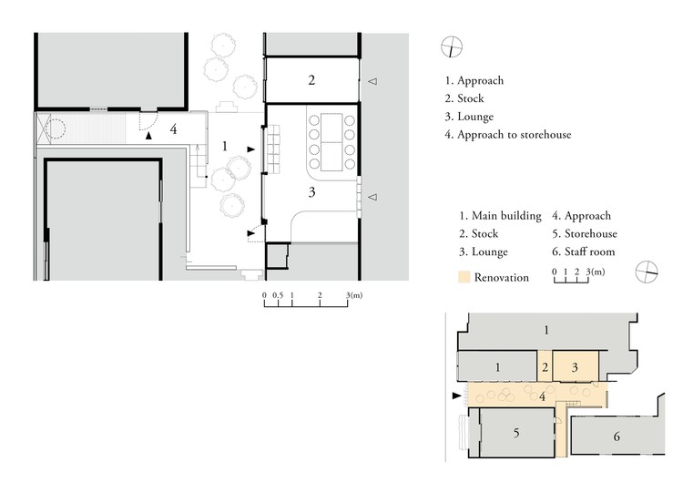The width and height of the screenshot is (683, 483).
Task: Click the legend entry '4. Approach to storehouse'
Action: click(508, 135)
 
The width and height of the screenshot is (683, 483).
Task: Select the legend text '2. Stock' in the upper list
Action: click(464, 98)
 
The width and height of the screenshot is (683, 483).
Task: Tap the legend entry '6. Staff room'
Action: click(583, 252)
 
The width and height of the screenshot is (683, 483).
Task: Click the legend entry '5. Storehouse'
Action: click(585, 233)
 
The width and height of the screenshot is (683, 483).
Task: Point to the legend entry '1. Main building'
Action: click(500, 216)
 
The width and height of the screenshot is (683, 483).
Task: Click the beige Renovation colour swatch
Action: click(464, 277)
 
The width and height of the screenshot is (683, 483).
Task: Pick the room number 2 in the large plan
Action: click(311, 80)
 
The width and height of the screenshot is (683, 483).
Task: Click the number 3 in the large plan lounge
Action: click(311, 192)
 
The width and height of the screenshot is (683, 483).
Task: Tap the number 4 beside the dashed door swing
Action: click(173, 129)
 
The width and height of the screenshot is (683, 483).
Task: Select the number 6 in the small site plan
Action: click(617, 437)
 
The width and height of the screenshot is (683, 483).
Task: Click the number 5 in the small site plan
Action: click(516, 433)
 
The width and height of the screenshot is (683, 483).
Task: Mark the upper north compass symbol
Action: click(452, 47)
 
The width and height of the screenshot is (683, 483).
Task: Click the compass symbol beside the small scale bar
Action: click(647, 272)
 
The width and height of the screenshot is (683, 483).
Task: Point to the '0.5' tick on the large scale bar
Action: click(278, 295)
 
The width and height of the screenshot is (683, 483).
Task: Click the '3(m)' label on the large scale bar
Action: click(354, 295)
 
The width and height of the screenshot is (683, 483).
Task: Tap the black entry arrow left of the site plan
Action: click(456, 396)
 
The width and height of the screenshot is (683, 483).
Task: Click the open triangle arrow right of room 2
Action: click(372, 81)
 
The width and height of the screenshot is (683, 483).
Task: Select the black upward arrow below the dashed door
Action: click(149, 136)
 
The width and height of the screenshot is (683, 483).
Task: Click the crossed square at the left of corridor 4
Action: click(44, 128)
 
